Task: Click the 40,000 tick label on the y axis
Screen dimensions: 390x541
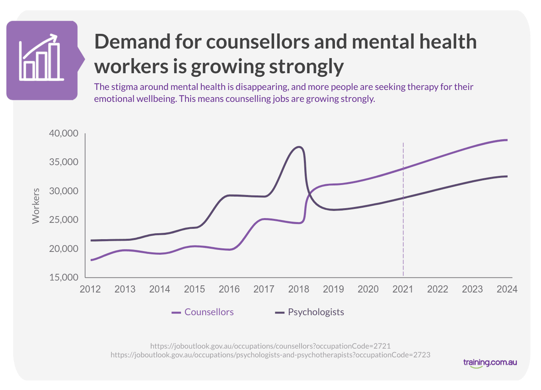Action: click(x=64, y=133)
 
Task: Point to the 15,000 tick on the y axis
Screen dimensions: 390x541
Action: click(x=64, y=277)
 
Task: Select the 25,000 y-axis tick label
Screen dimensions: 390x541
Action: click(x=64, y=220)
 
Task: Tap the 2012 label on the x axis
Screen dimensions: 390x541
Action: click(x=90, y=289)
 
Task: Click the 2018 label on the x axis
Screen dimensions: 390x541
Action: click(x=299, y=289)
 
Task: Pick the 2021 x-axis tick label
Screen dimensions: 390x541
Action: click(x=403, y=289)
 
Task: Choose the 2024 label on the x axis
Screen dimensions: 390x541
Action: click(x=507, y=289)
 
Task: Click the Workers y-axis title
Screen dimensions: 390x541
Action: click(x=36, y=206)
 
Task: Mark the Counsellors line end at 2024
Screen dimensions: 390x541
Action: click(x=506, y=140)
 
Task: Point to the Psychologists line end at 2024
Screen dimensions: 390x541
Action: click(x=506, y=176)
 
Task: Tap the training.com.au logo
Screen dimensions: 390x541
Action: click(x=490, y=363)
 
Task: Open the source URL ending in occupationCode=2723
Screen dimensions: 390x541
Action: click(x=270, y=355)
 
